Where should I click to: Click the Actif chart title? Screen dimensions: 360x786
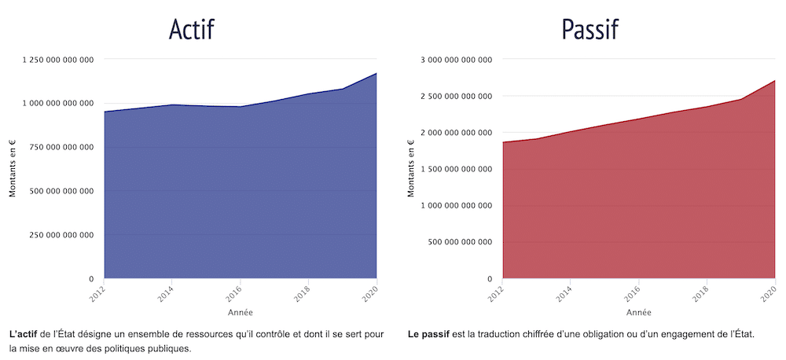[191, 29]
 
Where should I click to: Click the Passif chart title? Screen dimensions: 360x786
[589, 29]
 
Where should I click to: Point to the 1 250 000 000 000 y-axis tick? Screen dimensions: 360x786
[59, 59]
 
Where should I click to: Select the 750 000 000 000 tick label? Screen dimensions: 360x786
[62, 147]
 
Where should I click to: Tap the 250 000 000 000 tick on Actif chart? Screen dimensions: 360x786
[62, 235]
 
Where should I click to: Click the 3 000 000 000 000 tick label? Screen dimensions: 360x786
[457, 59]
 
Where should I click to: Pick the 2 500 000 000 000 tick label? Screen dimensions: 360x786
[457, 96]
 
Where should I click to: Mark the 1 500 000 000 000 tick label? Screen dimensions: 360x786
[457, 169]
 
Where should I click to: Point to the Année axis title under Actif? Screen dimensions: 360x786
[241, 313]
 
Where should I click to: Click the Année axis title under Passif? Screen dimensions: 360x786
[639, 313]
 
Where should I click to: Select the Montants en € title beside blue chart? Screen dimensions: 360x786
[13, 169]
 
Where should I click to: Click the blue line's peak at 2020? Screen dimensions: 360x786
[377, 73]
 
